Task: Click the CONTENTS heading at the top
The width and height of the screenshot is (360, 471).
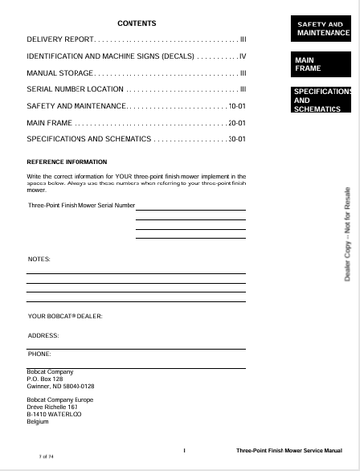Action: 136,23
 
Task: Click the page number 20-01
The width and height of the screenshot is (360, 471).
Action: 236,123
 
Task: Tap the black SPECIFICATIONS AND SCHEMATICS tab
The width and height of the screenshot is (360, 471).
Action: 322,100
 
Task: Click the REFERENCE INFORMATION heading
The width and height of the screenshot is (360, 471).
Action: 67,161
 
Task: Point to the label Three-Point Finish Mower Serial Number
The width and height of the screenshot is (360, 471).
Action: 81,206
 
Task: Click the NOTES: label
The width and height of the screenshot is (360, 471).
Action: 40,259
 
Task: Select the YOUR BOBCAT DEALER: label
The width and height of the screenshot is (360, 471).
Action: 65,316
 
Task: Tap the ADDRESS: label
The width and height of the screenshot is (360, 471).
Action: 44,335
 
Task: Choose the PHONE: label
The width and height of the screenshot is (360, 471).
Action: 40,352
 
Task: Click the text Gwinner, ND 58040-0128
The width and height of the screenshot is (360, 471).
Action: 61,387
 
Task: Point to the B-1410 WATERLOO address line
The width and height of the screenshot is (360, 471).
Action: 55,414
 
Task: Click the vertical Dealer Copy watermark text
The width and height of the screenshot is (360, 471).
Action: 346,235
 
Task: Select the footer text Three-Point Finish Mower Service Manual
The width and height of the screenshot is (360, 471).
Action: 289,450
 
